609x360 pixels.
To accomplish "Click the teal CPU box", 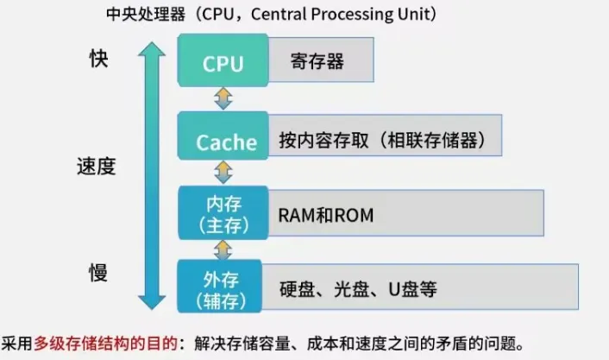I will (x=223, y=63).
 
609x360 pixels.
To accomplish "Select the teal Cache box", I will (x=223, y=142).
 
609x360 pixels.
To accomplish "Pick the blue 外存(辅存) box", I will (x=223, y=288).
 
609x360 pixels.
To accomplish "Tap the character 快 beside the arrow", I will (x=100, y=58).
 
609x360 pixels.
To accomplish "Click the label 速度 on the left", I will (x=96, y=166).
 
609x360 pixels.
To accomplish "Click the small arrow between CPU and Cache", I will (x=223, y=98).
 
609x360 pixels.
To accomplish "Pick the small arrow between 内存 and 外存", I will (x=223, y=249).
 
